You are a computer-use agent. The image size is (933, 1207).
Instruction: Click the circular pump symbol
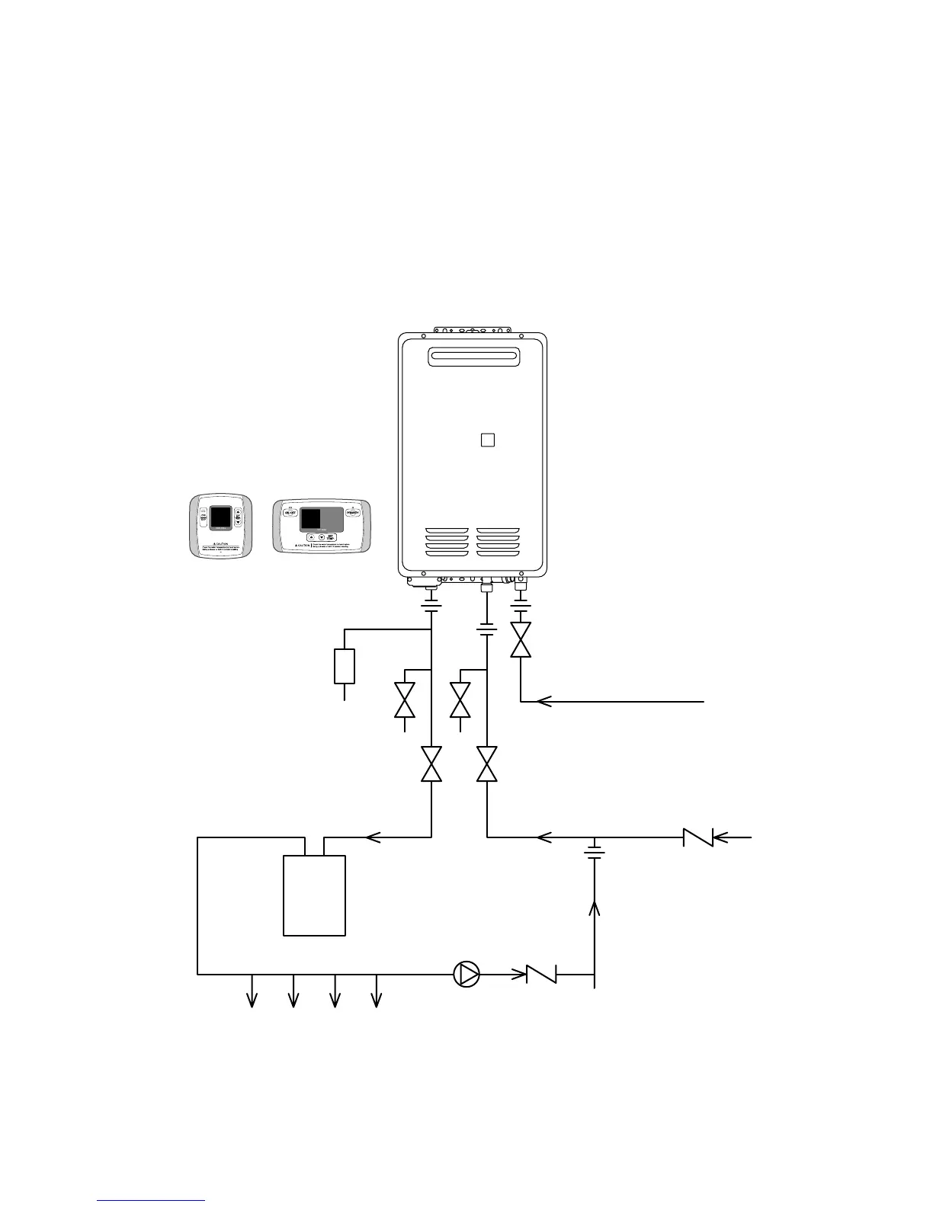coord(466,974)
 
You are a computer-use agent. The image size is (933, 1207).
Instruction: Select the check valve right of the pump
coord(542,974)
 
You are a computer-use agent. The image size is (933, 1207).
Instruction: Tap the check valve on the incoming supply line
coord(698,837)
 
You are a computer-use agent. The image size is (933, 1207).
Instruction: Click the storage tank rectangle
coord(314,895)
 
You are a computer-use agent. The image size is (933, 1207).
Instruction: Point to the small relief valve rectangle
coord(345,666)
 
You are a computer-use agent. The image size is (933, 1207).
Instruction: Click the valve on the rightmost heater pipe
coord(521,640)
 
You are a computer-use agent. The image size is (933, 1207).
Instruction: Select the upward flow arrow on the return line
coord(595,907)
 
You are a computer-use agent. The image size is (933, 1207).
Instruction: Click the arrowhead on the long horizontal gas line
coord(543,701)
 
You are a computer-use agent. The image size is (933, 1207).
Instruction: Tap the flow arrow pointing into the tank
coord(373,837)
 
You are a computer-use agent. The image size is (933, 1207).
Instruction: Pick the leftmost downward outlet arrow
coord(252,1000)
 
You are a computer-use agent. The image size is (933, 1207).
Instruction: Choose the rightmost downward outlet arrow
coord(375,1000)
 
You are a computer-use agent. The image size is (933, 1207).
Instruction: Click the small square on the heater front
coord(488,440)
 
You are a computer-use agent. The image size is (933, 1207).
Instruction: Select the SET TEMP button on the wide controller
coord(333,537)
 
